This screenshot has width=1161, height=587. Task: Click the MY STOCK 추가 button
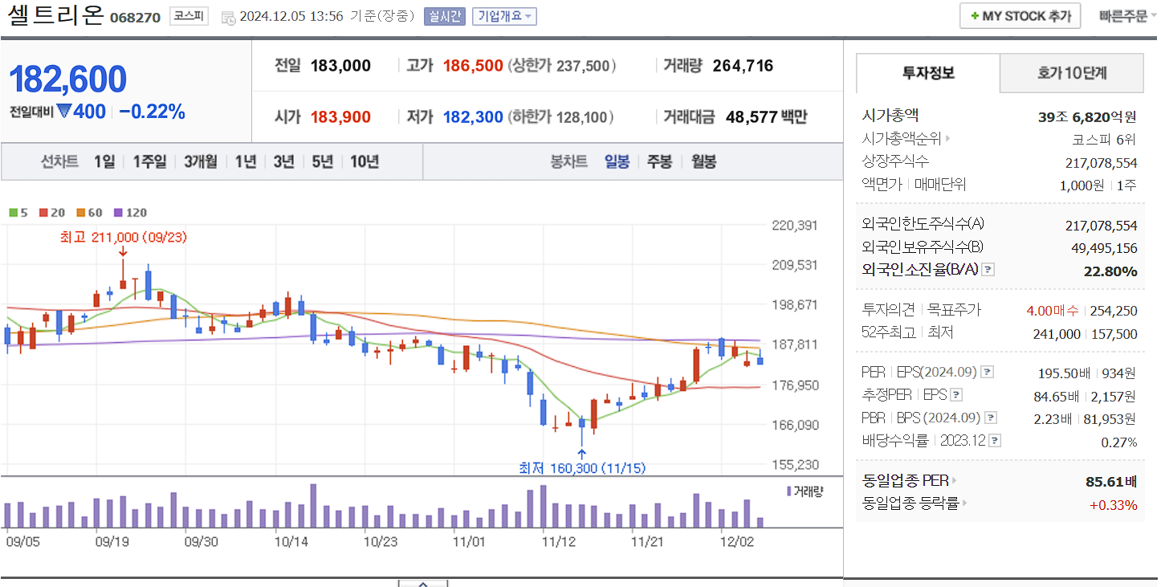click(x=1020, y=16)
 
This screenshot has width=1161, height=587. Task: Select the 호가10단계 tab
click(x=1071, y=74)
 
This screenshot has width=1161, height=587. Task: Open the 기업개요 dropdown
click(x=504, y=16)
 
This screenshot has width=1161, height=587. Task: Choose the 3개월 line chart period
click(x=200, y=161)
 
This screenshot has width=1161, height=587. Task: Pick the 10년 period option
click(x=364, y=161)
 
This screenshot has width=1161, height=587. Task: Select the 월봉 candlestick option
click(x=703, y=161)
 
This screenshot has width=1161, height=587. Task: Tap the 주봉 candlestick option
click(x=659, y=161)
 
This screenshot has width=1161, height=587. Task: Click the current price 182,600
click(x=68, y=79)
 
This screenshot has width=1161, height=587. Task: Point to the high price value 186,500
click(x=473, y=66)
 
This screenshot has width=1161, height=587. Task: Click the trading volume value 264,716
click(x=743, y=66)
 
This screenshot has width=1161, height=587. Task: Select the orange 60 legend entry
click(x=90, y=213)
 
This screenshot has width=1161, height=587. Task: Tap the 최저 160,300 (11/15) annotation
click(x=582, y=468)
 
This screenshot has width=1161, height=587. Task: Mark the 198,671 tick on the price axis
click(x=793, y=305)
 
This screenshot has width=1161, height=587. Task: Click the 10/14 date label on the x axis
click(x=291, y=541)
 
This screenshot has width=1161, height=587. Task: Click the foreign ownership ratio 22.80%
click(x=1110, y=271)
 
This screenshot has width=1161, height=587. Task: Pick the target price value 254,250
click(x=1114, y=311)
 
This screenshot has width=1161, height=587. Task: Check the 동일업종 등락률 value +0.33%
click(x=1113, y=505)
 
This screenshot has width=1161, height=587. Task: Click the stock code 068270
click(x=134, y=17)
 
